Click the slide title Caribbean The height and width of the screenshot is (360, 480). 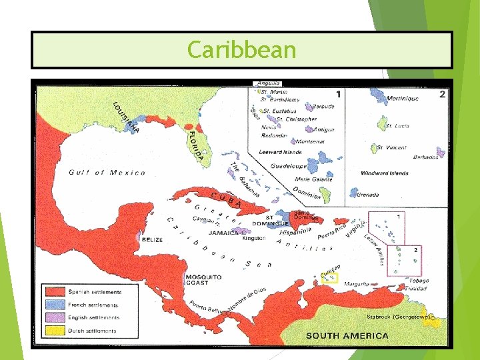[241, 50]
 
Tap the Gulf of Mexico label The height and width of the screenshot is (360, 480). [107, 173]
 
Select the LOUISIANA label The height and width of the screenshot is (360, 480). [126, 117]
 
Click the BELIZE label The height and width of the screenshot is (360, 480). [151, 239]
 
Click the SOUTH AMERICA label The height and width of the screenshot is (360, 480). [347, 335]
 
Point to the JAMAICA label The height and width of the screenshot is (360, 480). [222, 233]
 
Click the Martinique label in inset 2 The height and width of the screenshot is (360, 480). [402, 99]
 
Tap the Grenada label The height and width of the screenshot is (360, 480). [367, 195]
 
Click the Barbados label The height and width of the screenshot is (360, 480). [426, 157]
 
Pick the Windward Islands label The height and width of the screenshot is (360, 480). [384, 173]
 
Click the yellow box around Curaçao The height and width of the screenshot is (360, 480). [329, 278]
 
